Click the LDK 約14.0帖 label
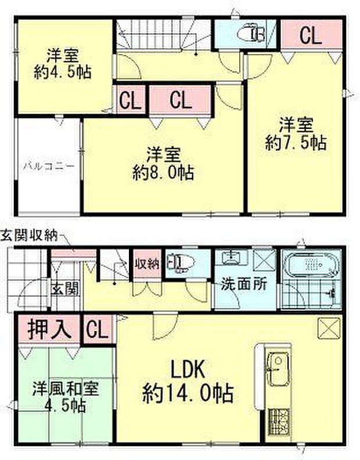click(188, 382)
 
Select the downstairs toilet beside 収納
click(177, 264)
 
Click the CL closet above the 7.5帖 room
click(309, 36)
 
